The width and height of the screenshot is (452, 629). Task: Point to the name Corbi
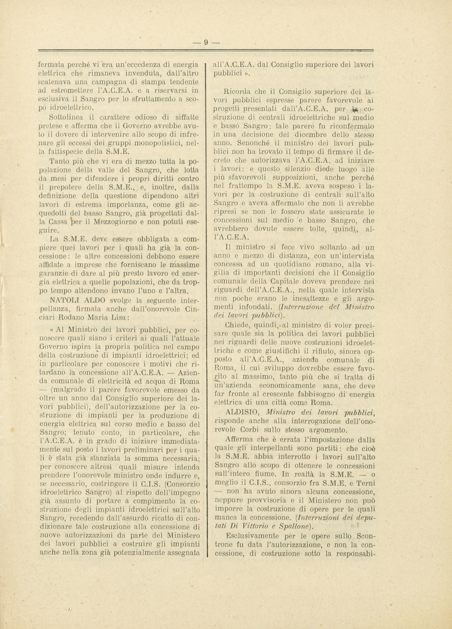[252, 429]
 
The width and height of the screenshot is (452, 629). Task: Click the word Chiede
[237, 325]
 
